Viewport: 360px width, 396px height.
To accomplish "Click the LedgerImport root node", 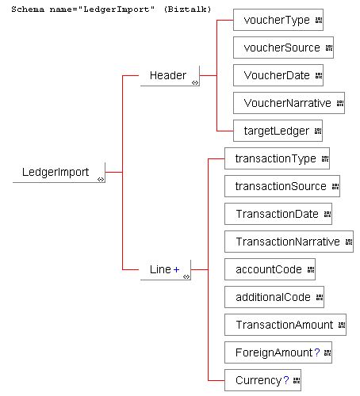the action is (x=59, y=172).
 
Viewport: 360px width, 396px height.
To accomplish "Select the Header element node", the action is (x=170, y=76).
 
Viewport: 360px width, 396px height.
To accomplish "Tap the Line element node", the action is (x=166, y=270).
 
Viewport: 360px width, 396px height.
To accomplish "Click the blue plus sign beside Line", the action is (x=176, y=269).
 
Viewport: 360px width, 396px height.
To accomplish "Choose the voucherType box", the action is (x=278, y=20).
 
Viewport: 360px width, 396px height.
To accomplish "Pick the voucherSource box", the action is (x=283, y=48).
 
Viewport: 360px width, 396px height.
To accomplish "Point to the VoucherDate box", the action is (x=278, y=75).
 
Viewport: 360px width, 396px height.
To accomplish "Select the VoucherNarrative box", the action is (x=289, y=103).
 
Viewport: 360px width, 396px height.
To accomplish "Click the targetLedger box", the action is (x=278, y=131).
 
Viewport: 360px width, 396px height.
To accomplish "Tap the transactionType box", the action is (x=277, y=158).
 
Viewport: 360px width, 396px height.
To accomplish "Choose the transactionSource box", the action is (x=282, y=186).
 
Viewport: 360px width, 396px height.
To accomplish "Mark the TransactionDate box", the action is (x=278, y=214).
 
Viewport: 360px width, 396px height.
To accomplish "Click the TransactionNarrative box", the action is (x=289, y=242).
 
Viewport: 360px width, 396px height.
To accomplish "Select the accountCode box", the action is (x=270, y=269).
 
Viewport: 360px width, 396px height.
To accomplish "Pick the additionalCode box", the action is (x=274, y=297).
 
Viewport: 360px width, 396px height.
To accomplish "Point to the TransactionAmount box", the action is (x=285, y=325).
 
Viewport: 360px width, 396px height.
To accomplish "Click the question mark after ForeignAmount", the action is (x=317, y=352).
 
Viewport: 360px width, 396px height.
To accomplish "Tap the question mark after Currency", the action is (x=286, y=380).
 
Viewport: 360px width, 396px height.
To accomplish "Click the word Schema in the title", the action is (x=28, y=10).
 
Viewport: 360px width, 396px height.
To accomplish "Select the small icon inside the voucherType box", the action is (x=319, y=20).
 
